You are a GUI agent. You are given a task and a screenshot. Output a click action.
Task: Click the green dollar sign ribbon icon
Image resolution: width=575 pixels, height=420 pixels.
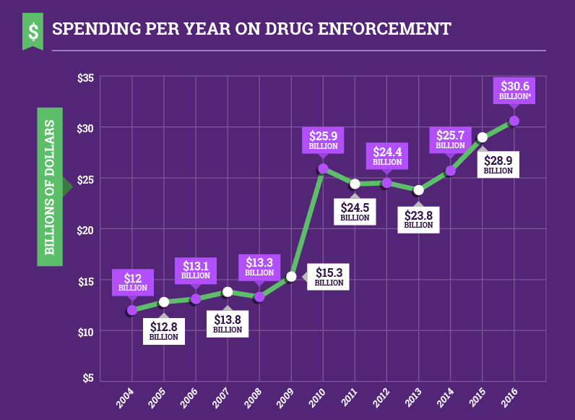(33, 31)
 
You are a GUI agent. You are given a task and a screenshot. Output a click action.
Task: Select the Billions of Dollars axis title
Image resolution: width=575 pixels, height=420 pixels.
(50, 187)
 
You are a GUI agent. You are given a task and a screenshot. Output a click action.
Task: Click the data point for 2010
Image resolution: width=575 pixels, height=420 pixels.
(323, 168)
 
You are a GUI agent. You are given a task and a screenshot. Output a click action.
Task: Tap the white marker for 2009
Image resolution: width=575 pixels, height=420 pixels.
(291, 276)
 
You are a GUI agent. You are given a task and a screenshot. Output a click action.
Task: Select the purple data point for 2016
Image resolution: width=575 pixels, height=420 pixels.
(514, 121)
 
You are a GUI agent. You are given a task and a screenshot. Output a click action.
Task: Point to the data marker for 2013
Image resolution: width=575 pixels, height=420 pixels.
(418, 190)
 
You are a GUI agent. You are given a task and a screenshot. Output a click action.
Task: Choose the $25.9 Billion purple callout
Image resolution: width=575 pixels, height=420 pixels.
(323, 140)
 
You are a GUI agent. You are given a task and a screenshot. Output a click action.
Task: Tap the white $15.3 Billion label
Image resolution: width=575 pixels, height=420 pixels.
(329, 277)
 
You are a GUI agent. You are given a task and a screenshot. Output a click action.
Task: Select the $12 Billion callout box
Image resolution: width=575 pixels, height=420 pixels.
(132, 282)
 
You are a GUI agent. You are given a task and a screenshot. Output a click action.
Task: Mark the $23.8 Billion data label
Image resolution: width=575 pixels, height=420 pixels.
(418, 218)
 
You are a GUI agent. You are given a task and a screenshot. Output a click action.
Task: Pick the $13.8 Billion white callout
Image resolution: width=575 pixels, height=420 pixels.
(228, 323)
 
